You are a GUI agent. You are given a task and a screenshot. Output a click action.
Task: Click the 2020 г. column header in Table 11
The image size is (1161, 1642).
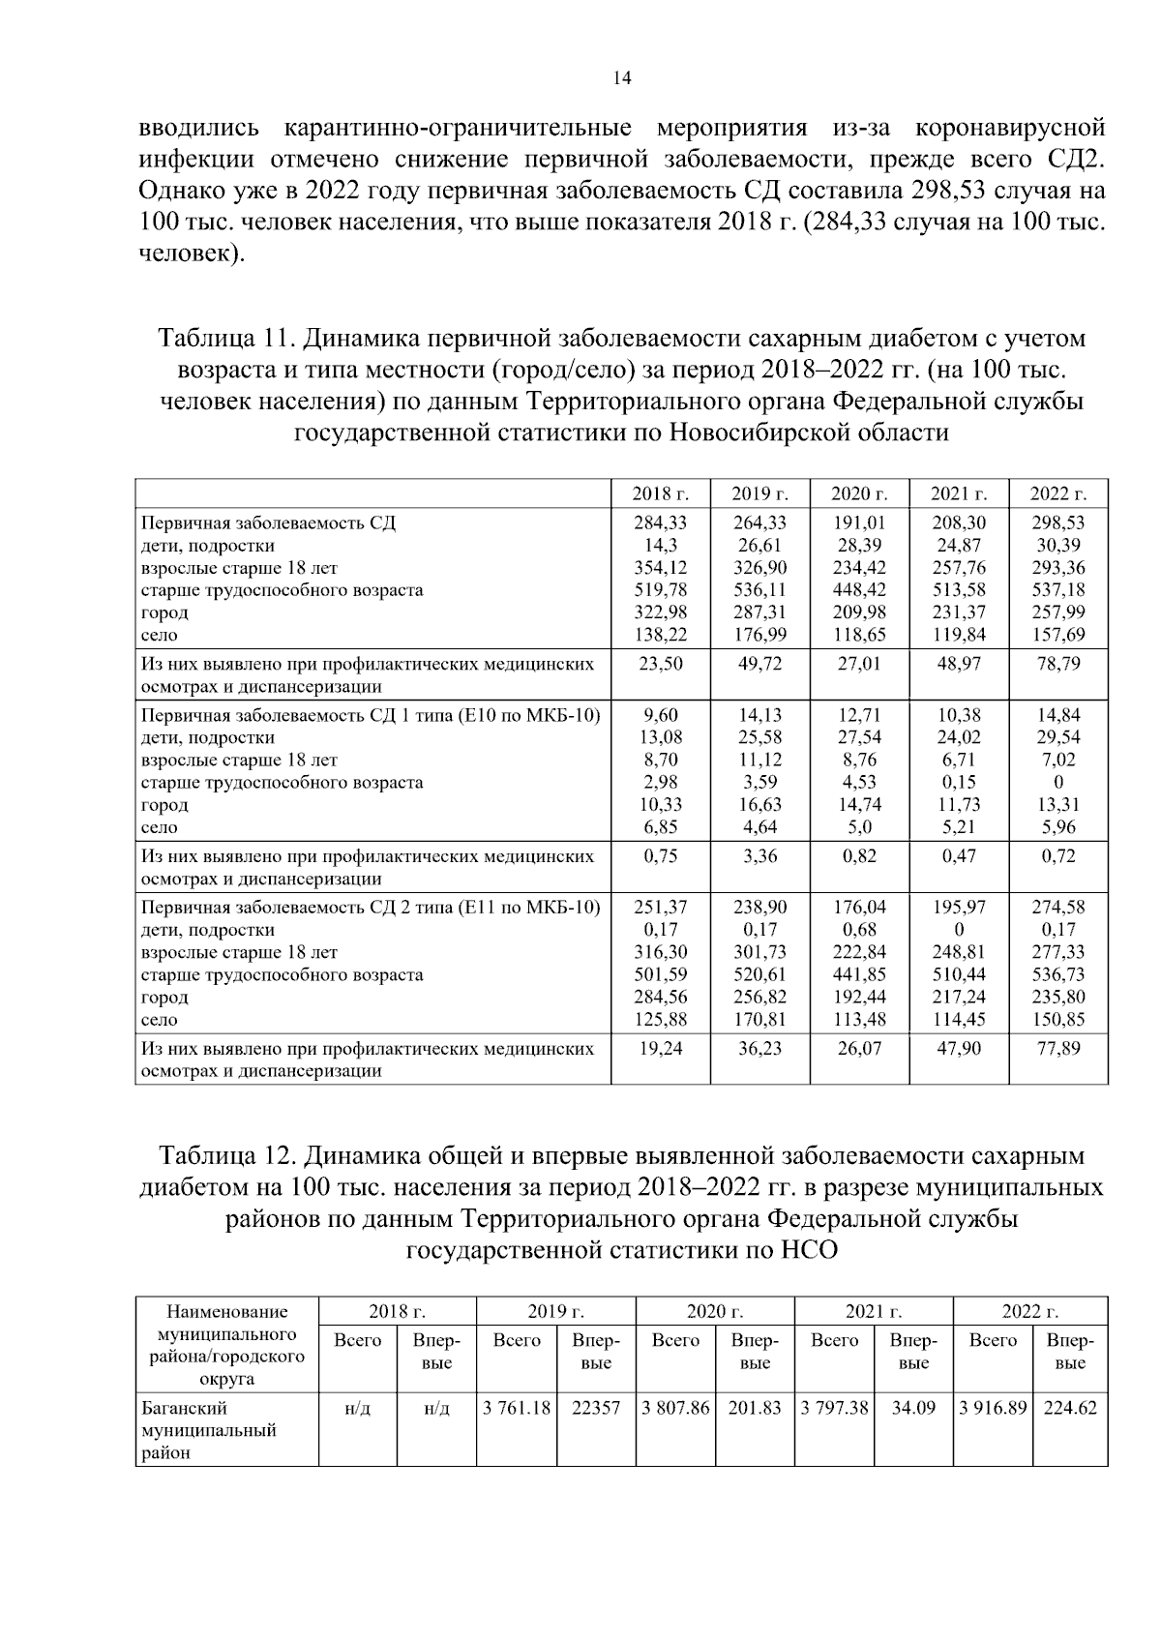point(859,493)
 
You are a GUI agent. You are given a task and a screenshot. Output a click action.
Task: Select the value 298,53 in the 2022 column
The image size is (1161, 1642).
point(1058,522)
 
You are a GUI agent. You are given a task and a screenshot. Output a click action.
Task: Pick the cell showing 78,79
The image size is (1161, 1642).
point(1058,664)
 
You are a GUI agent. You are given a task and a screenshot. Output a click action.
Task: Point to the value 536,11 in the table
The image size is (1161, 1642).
point(759,589)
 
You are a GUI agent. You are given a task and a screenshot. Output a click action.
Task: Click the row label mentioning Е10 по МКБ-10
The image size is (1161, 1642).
point(371,715)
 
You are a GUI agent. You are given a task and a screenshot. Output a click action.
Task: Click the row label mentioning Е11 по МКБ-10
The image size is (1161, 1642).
point(371,908)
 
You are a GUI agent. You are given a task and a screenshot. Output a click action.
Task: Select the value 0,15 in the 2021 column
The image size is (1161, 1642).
point(959,782)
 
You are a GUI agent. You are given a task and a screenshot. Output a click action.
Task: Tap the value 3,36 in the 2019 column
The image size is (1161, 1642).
point(759,856)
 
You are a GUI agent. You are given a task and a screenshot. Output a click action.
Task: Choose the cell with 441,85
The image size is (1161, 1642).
point(859,974)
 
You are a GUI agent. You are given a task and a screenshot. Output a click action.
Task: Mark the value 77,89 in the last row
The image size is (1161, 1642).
point(1058,1049)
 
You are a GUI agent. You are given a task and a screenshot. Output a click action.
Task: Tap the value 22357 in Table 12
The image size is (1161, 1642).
point(596,1409)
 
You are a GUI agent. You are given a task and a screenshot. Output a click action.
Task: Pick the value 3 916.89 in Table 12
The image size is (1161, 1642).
point(992,1409)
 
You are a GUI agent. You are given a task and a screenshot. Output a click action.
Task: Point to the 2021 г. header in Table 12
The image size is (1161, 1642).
point(873,1312)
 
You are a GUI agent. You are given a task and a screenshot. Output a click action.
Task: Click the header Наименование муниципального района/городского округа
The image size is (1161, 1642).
point(226,1345)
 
